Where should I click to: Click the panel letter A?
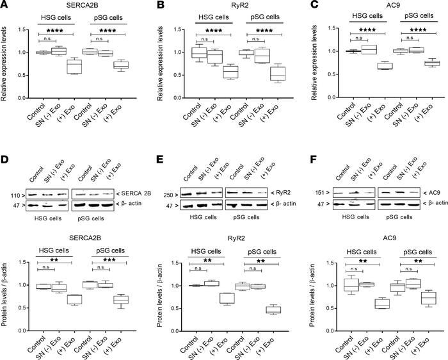coord(5,6)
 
